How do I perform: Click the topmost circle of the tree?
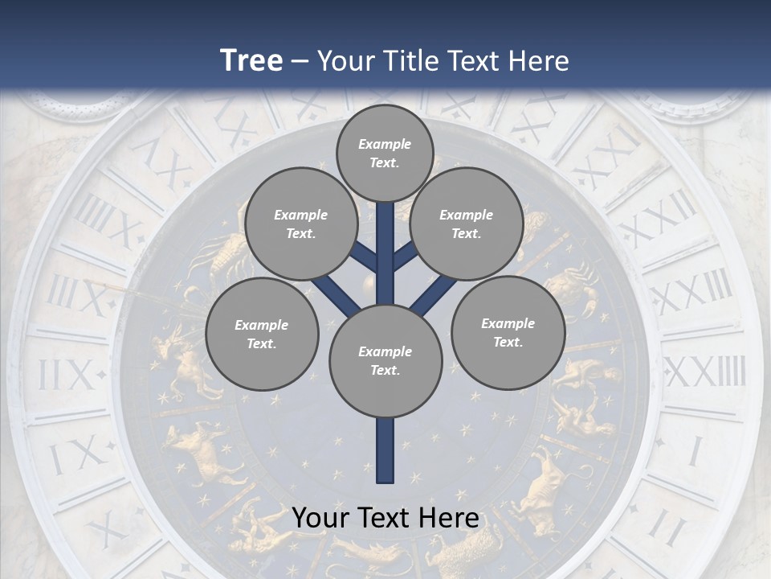[385, 153]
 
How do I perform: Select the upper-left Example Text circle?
[300, 224]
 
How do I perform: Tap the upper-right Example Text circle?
[466, 224]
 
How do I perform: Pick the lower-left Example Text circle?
[261, 334]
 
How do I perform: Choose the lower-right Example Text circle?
[508, 332]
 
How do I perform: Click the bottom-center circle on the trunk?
[385, 360]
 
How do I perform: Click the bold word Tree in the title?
[251, 60]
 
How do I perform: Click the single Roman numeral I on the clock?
[696, 451]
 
